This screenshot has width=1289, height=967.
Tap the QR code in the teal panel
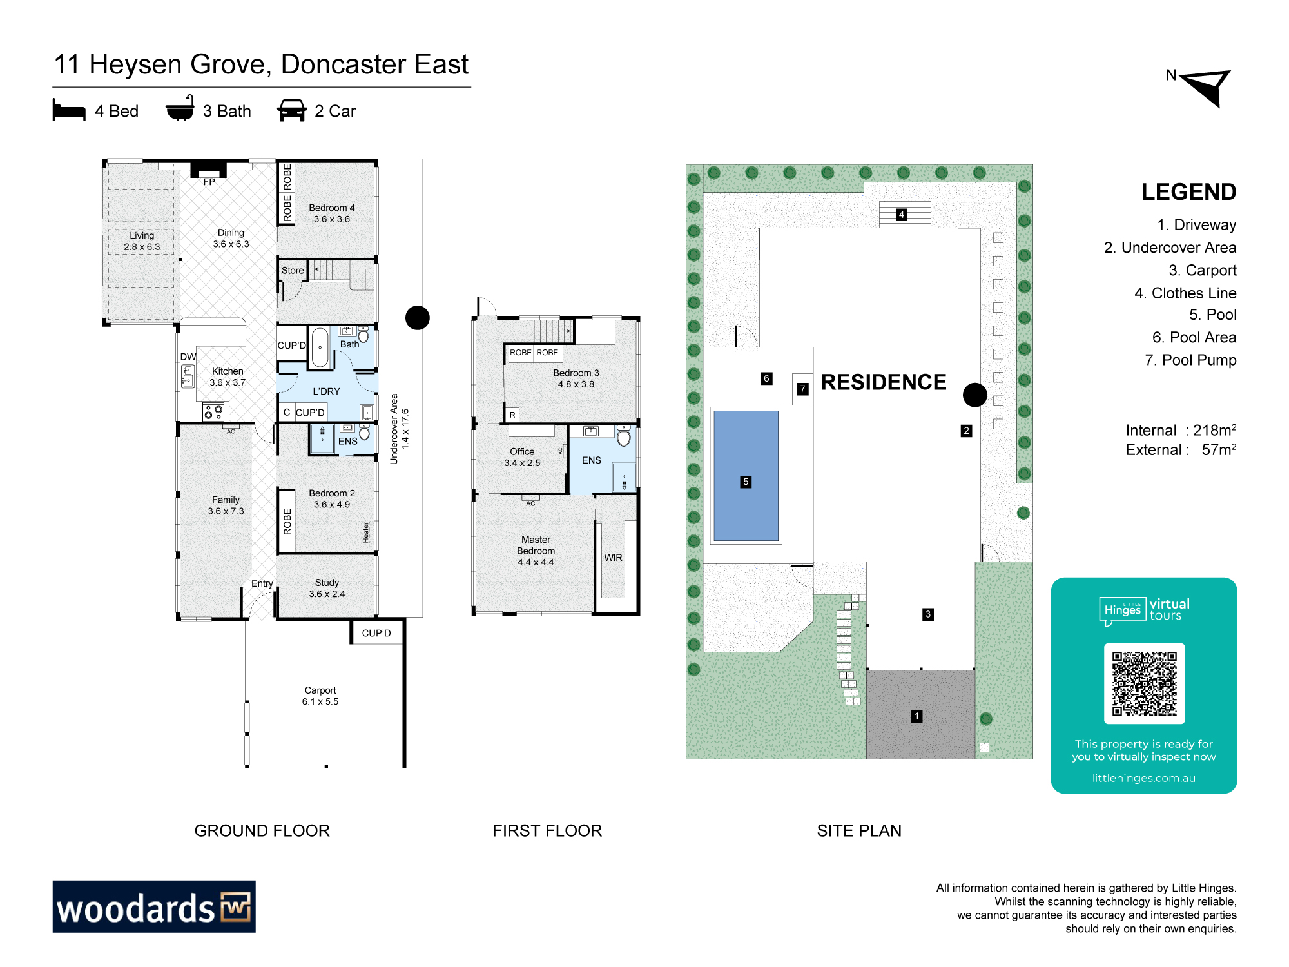click(1144, 683)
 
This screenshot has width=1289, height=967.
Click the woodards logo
click(154, 906)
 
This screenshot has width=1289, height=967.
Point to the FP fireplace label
click(209, 182)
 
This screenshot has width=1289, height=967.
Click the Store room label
click(293, 271)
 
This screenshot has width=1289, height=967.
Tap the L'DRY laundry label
click(326, 391)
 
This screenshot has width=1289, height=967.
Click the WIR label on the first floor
click(613, 558)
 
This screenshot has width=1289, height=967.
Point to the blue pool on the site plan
click(746, 476)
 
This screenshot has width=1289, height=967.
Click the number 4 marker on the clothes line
click(902, 215)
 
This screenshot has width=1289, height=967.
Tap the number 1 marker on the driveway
click(916, 716)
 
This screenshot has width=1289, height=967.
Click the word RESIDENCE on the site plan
click(884, 382)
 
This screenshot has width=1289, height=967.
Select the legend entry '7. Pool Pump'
click(1190, 360)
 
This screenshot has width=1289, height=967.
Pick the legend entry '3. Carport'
click(1203, 270)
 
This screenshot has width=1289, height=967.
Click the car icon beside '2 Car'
click(292, 110)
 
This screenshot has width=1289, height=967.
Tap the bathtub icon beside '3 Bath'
click(180, 108)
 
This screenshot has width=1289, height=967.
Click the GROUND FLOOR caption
click(262, 830)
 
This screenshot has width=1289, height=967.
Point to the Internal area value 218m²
click(1215, 430)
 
